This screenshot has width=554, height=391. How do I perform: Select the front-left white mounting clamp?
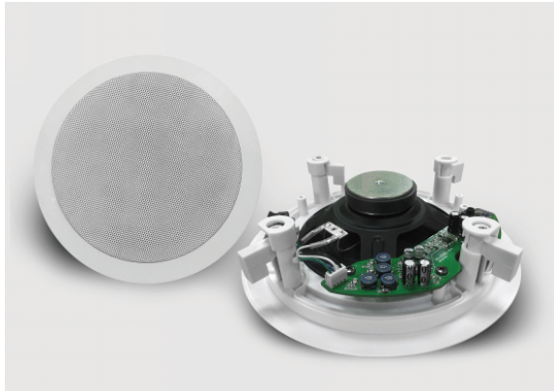tap(255, 247)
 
